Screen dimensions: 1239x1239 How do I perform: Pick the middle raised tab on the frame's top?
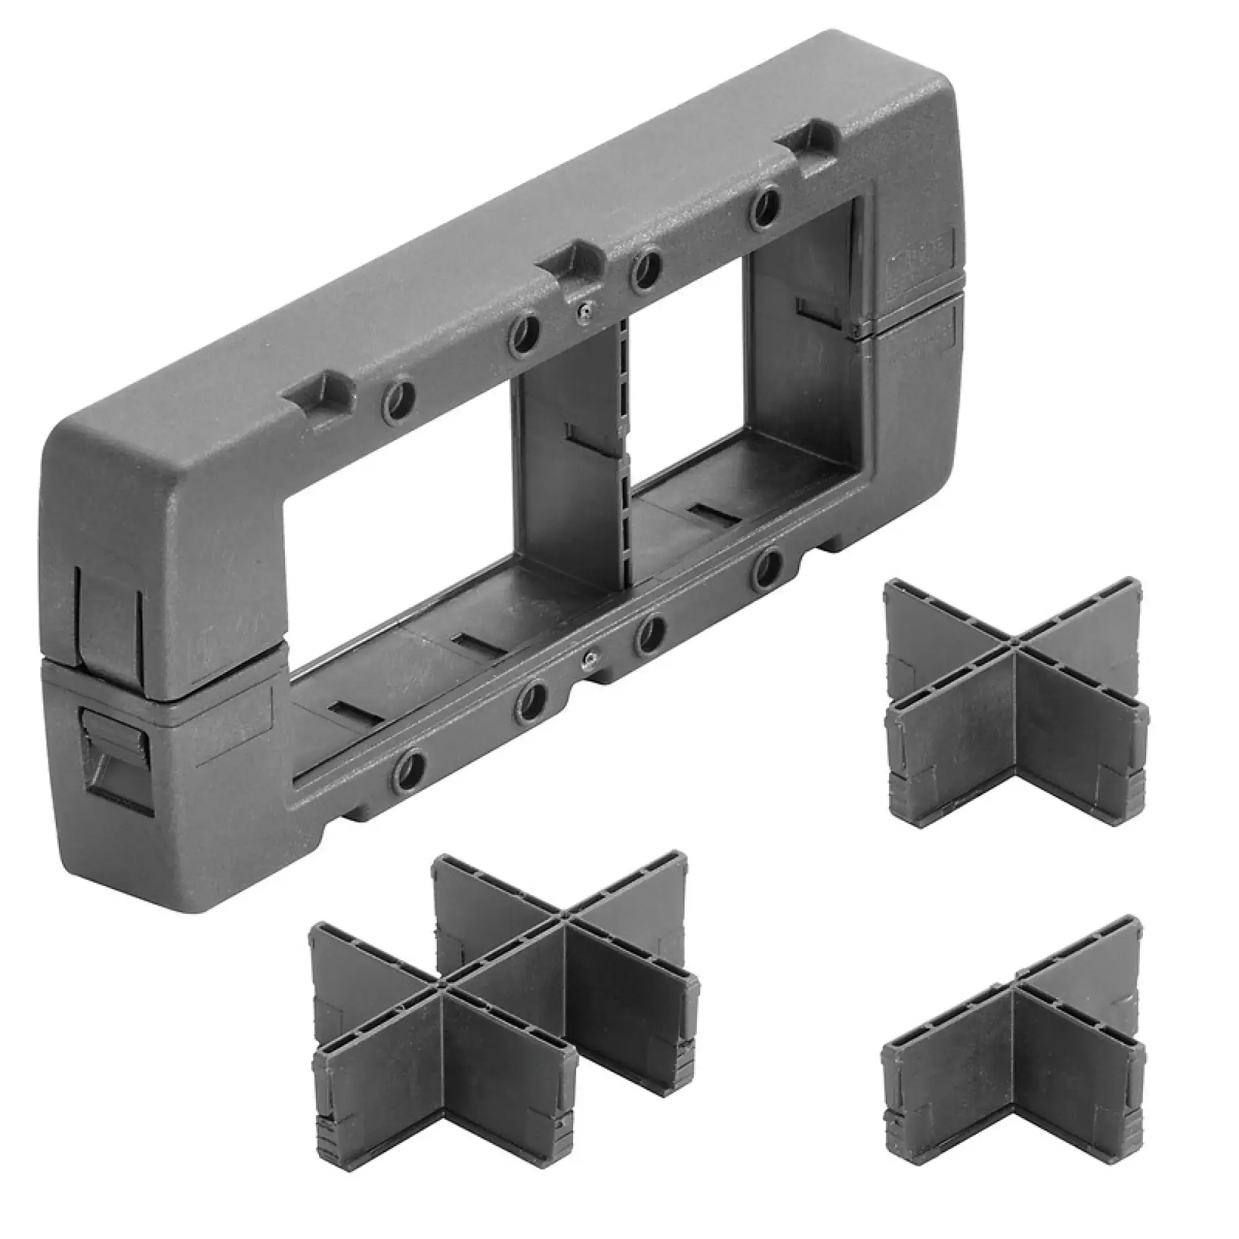(572, 259)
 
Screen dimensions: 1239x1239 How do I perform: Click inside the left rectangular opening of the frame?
(398, 513)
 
